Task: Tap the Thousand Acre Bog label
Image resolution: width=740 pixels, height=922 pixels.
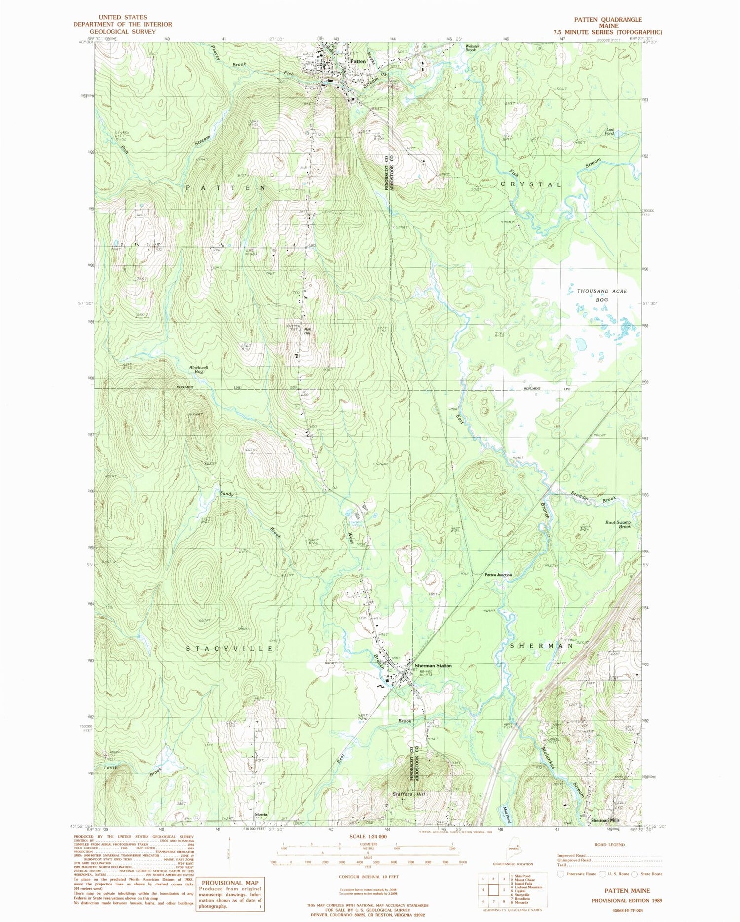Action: click(602, 295)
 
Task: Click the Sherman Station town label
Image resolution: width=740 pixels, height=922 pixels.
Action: click(433, 665)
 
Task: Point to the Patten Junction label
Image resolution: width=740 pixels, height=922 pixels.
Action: click(498, 575)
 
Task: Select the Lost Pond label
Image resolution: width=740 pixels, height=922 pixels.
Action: click(609, 132)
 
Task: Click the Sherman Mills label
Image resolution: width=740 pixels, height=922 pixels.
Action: click(605, 820)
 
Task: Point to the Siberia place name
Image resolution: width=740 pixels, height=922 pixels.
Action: click(261, 814)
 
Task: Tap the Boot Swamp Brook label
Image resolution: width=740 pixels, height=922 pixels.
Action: click(618, 524)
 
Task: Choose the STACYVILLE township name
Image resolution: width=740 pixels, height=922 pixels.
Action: click(230, 648)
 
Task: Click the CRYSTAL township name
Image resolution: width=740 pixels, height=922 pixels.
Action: click(531, 184)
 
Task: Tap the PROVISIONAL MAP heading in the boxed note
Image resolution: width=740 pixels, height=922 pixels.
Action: click(230, 883)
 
